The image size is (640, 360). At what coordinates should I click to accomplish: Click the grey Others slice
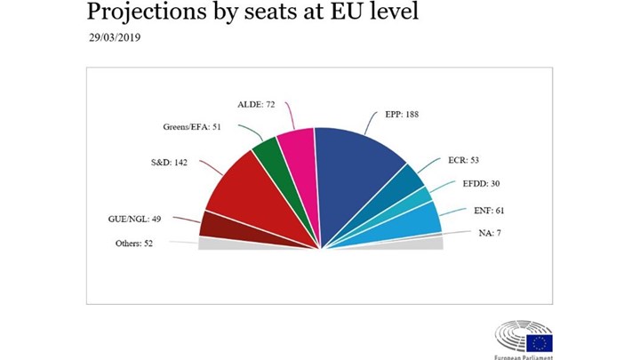213,243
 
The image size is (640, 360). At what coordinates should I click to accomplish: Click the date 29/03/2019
116,38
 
